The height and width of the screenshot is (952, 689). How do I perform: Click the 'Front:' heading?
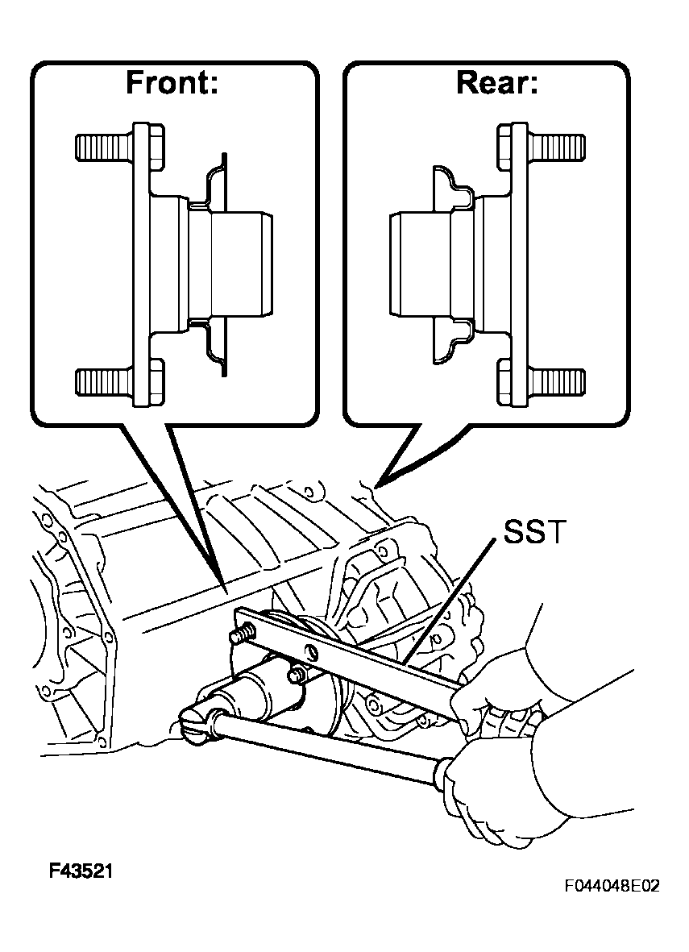[x=172, y=82]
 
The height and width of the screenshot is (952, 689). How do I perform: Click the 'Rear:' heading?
[x=497, y=82]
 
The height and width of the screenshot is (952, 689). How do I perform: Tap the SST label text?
[x=535, y=532]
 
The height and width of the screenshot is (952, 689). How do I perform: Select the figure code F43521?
[x=81, y=871]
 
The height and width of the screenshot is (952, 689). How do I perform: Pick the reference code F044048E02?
[x=612, y=887]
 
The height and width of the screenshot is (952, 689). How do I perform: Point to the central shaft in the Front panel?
[x=230, y=264]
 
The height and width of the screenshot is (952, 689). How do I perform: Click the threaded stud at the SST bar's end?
[x=241, y=636]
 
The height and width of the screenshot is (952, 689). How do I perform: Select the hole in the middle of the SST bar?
[x=312, y=653]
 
